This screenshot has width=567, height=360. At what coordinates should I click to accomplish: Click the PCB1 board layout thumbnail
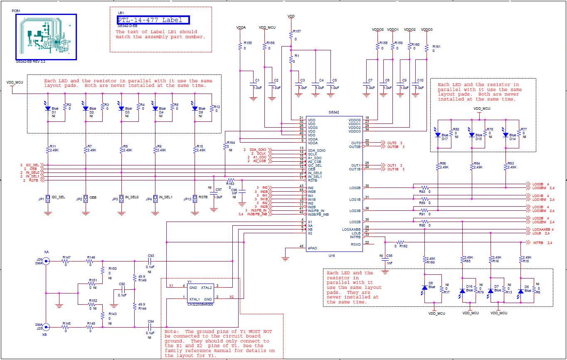tap(46, 37)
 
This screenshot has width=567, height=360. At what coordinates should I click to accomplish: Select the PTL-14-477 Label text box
tap(153, 20)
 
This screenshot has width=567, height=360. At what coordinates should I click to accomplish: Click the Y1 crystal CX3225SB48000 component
tap(200, 293)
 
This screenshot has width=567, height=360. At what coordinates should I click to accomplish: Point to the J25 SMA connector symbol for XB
tap(45, 327)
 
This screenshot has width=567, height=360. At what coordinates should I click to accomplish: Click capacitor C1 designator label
tap(257, 80)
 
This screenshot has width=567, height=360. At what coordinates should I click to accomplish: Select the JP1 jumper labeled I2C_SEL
tap(49, 199)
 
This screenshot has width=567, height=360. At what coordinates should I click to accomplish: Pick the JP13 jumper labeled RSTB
tap(195, 199)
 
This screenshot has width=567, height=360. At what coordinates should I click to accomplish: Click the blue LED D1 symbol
tap(48, 108)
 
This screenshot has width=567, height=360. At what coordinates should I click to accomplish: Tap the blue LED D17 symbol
tap(437, 135)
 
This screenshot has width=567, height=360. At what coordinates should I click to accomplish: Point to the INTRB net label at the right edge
tap(538, 243)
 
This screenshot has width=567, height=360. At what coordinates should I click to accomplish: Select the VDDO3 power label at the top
tap(426, 30)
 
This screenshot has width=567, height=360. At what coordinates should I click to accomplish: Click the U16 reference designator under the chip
tap(331, 256)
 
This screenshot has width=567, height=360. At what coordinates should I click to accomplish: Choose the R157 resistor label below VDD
tap(297, 32)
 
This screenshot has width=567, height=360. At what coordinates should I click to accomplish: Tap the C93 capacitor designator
tap(150, 256)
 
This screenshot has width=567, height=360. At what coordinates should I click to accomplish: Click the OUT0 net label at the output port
tap(392, 143)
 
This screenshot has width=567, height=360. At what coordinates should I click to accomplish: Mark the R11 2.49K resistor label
tap(53, 147)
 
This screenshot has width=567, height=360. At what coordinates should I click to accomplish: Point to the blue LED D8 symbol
tap(424, 287)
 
